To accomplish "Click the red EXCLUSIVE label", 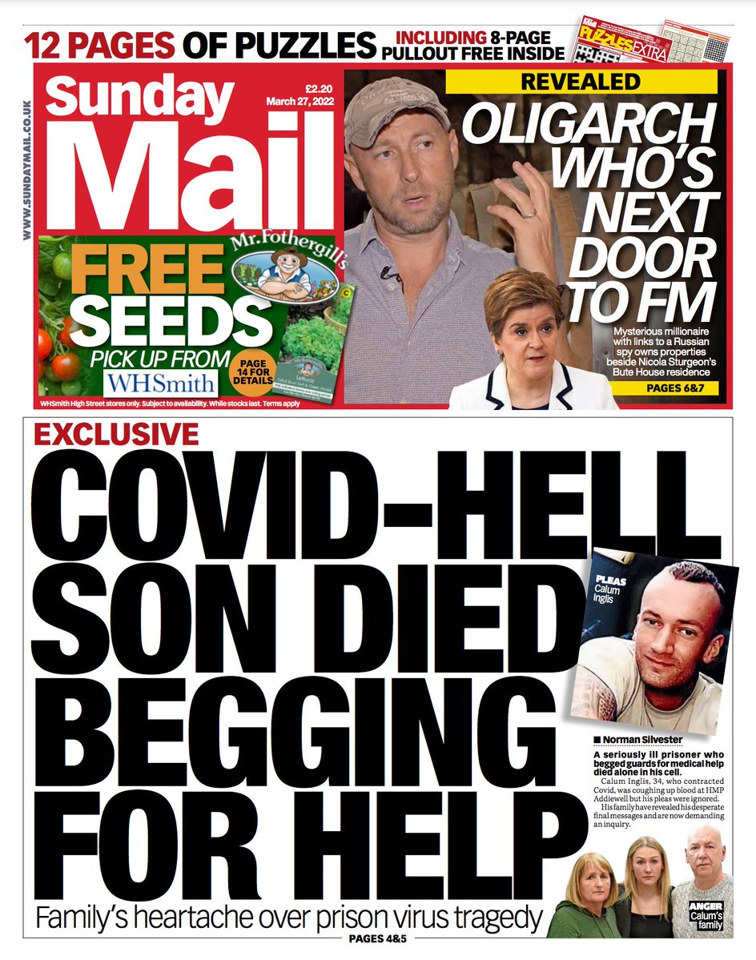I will tap(116, 435).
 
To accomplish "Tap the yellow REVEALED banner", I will tap(581, 82).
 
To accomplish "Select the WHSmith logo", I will tap(159, 380).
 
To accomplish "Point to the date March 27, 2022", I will tap(299, 102).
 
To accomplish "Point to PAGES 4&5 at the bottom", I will tap(378, 938).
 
